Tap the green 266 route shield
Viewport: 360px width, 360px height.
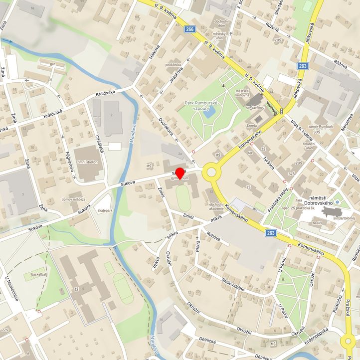(189, 29)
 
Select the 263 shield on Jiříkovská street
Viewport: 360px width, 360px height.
(303, 65)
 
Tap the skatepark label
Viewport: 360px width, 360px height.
(105, 211)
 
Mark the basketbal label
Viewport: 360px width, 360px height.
(38, 274)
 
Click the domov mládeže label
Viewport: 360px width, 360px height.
(73, 199)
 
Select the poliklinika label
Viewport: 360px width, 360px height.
(173, 64)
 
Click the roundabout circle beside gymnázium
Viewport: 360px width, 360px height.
(211, 173)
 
